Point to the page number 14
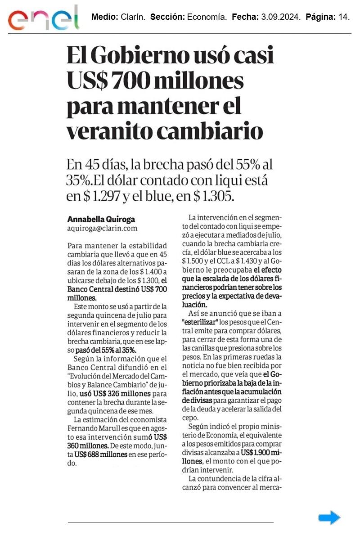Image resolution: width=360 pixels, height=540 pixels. (343, 18)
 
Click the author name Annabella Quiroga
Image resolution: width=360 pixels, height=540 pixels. (101, 219)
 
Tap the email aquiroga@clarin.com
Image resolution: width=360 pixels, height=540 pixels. (102, 229)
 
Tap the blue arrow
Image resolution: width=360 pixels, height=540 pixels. (329, 517)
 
